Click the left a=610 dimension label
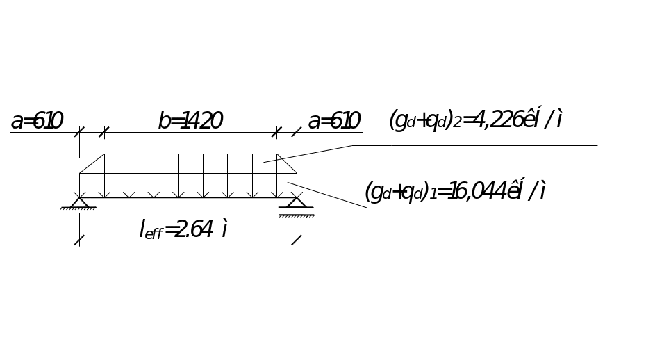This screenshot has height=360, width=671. (37, 122)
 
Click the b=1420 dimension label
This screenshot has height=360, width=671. (190, 122)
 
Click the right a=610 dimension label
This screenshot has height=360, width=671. (334, 122)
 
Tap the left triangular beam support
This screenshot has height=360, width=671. (79, 202)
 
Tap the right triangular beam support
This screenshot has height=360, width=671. (297, 202)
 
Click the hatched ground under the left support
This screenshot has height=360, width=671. (79, 209)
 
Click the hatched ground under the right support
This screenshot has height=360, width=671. (297, 215)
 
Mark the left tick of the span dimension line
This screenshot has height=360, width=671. (79, 240)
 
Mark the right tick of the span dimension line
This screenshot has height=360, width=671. (297, 240)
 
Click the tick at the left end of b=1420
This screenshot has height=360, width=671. (104, 131)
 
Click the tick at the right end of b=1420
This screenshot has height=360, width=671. (278, 131)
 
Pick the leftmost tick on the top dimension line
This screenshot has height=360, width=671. (79, 131)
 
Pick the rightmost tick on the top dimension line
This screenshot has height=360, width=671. (297, 131)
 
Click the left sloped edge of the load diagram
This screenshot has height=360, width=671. (92, 163)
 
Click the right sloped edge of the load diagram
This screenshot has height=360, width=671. (287, 163)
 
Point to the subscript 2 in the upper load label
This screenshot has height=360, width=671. (457, 125)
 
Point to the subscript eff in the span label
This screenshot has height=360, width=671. (154, 234)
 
